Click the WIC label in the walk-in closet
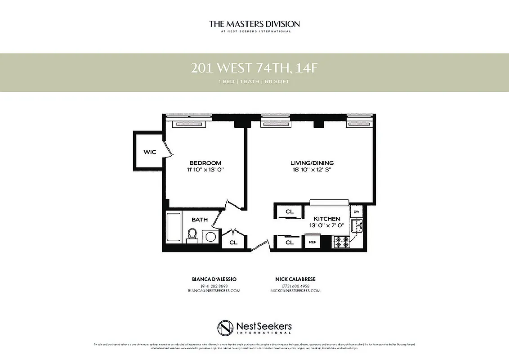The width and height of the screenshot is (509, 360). click(150, 152)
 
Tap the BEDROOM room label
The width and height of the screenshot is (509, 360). click(205, 163)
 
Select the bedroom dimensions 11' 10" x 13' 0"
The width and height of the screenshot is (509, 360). click(205, 170)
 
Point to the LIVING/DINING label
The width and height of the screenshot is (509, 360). click(312, 163)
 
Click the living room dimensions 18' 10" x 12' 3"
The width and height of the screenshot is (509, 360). click(312, 170)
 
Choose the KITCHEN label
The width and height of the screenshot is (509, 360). click(326, 219)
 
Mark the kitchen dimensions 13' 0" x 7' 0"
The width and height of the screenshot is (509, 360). click(326, 225)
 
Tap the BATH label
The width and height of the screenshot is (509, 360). click(200, 220)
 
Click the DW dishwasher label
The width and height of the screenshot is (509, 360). click(356, 211)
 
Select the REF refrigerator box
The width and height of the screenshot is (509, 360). click(312, 242)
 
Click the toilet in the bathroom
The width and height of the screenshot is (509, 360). click(192, 235)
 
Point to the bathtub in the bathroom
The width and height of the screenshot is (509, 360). click(173, 227)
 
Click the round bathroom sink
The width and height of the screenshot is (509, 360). click(210, 237)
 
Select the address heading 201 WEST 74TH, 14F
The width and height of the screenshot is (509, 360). click(254, 68)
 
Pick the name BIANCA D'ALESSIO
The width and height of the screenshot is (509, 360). click(214, 279)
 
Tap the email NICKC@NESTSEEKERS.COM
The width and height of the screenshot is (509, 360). click(295, 291)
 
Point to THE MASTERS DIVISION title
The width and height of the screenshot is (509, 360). click(254, 24)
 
